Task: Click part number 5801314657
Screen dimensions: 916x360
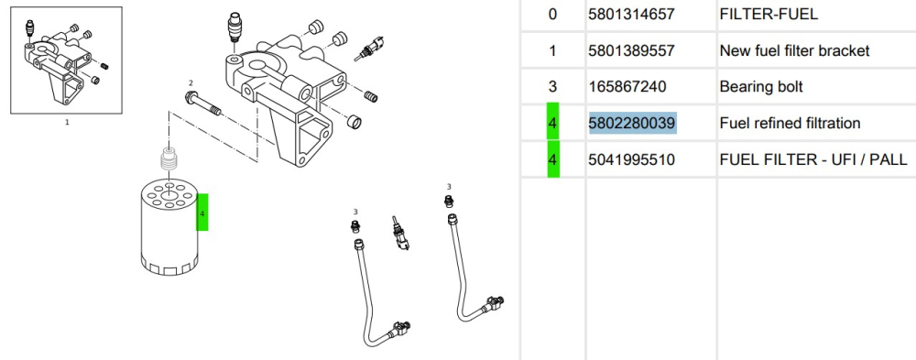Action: click(632, 14)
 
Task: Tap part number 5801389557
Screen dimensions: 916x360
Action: click(632, 51)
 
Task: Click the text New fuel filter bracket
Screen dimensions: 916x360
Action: click(794, 51)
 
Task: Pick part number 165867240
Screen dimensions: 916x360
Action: click(627, 87)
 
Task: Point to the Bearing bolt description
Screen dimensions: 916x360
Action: click(761, 87)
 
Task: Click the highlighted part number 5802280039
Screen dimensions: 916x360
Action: click(633, 124)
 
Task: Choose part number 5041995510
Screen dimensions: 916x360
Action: click(632, 159)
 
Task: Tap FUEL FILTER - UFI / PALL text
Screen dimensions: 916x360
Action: click(813, 159)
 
